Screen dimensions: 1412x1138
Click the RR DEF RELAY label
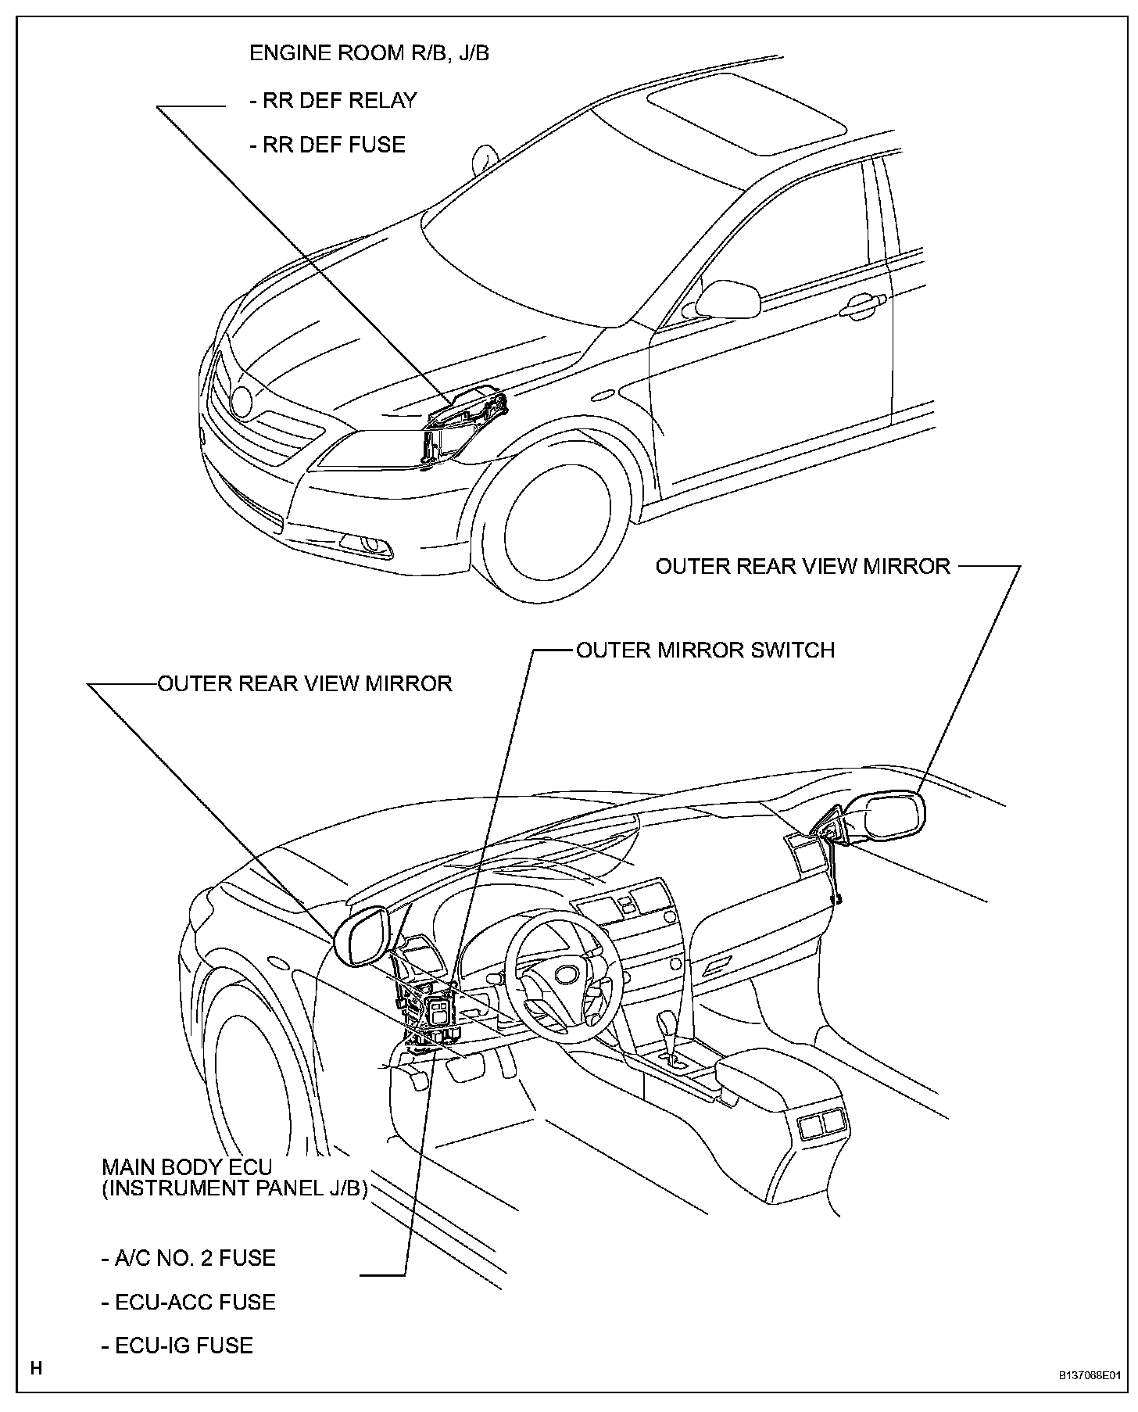pos(333,101)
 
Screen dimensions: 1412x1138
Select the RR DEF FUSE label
pos(327,145)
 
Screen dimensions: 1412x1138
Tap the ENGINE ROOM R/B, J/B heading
pos(369,53)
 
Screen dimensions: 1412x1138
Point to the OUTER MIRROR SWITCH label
pos(705,650)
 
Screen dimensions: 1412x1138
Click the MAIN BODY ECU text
pos(188,1167)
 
